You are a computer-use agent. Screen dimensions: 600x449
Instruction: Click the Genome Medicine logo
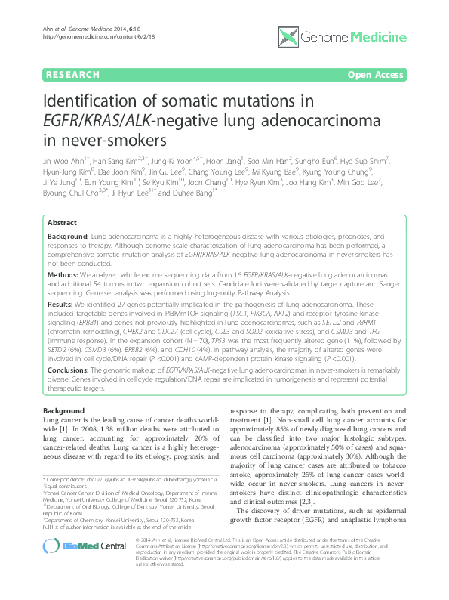pyautogui.click(x=356, y=36)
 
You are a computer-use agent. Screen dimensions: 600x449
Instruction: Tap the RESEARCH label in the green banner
pyautogui.click(x=72, y=75)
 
